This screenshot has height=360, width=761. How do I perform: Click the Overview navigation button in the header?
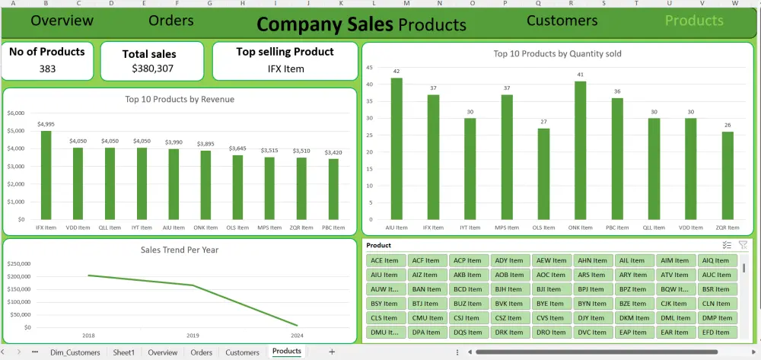click(62, 21)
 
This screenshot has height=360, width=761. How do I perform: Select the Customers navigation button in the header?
click(562, 21)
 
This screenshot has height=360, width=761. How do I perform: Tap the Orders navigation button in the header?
click(170, 21)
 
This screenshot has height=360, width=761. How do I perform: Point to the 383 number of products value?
click(47, 68)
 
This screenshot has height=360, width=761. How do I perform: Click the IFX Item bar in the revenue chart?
click(46, 175)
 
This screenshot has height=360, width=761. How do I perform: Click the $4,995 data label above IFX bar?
click(46, 124)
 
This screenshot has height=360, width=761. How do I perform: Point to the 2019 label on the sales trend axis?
click(193, 335)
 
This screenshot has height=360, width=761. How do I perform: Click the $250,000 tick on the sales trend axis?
click(18, 263)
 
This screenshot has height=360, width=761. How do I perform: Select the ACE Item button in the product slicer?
click(384, 260)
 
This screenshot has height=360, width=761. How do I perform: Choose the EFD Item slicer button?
click(716, 333)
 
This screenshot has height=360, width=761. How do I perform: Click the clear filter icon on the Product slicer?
click(743, 245)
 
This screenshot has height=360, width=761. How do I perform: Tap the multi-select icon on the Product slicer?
click(726, 245)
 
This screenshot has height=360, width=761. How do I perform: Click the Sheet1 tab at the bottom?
click(123, 352)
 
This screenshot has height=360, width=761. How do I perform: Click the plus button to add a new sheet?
click(331, 352)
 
